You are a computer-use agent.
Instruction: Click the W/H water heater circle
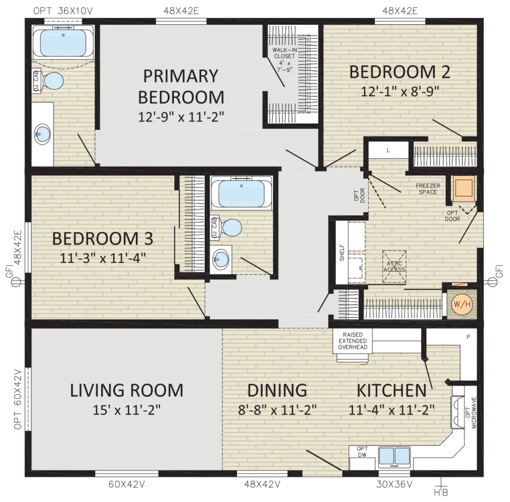pyautogui.click(x=462, y=304)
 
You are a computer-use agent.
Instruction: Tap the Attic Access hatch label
pyautogui.click(x=394, y=266)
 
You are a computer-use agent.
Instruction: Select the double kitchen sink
pyautogui.click(x=394, y=456)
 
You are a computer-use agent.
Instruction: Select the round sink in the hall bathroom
pyautogui.click(x=221, y=259)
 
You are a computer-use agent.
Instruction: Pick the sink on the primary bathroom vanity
pyautogui.click(x=42, y=134)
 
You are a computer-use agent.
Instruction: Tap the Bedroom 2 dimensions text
pyautogui.click(x=400, y=91)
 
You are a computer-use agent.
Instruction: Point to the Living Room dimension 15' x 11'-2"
pyautogui.click(x=127, y=410)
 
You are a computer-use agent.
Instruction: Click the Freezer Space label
pyautogui.click(x=428, y=189)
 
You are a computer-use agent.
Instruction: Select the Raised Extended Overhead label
pyautogui.click(x=353, y=341)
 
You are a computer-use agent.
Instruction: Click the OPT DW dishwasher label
pyautogui.click(x=362, y=452)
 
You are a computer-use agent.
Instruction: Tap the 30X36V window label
pyautogui.click(x=394, y=485)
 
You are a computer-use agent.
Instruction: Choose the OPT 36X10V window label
pyautogui.click(x=63, y=11)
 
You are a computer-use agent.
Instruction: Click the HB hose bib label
pyautogui.click(x=441, y=493)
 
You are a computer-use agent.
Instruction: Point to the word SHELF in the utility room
pyautogui.click(x=342, y=252)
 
